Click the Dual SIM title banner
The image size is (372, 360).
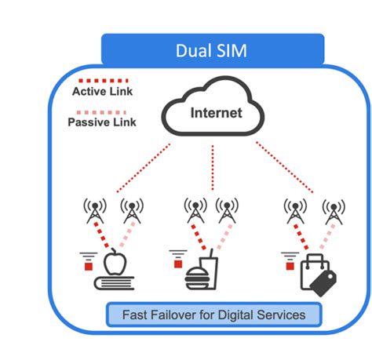pos(213,50)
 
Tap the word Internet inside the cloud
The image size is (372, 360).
pos(216,112)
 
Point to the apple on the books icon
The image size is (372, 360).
pos(113,263)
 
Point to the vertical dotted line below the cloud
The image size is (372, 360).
pos(213,169)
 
